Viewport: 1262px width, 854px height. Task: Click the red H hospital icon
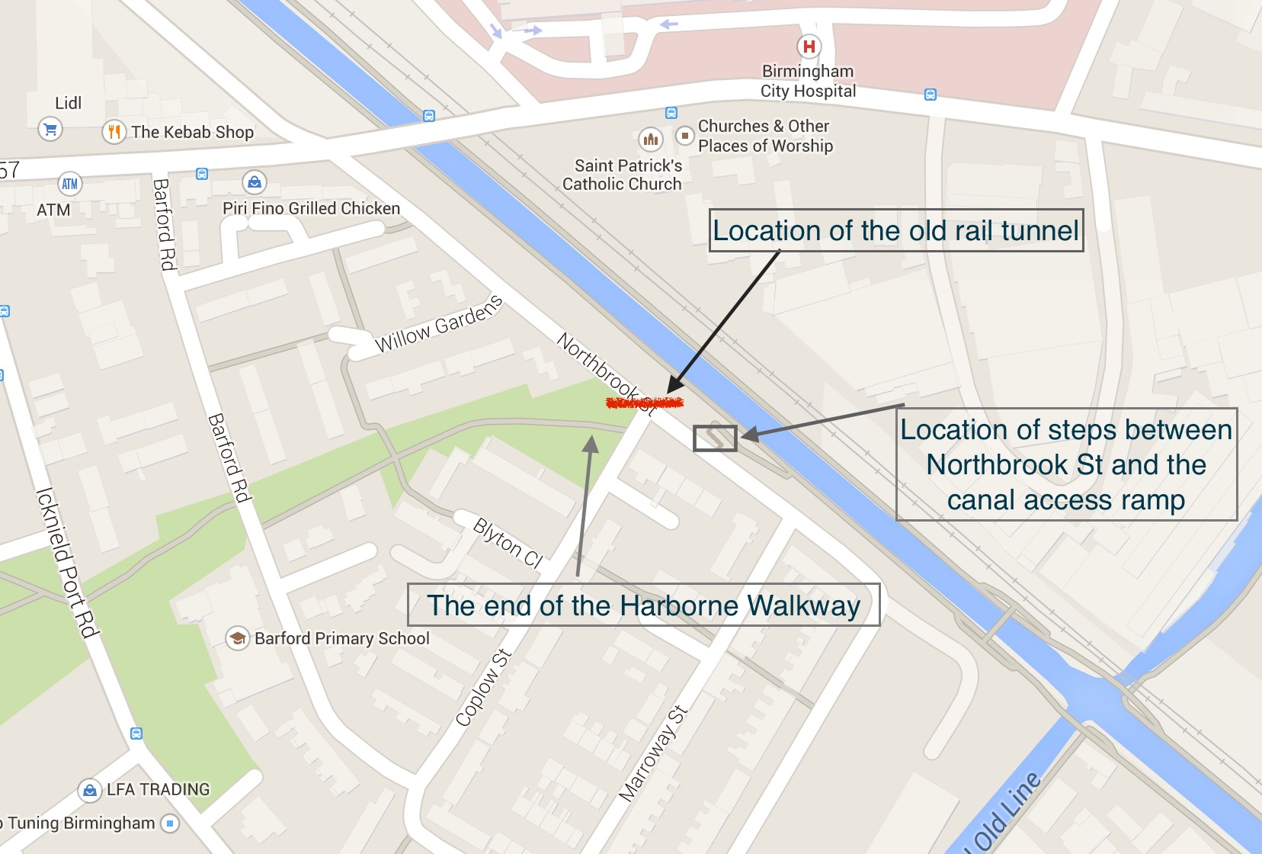coord(809,47)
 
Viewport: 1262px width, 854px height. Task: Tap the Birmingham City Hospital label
coord(808,82)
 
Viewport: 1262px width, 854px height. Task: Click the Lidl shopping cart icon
coord(50,129)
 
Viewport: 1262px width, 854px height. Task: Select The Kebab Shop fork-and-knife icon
coord(114,132)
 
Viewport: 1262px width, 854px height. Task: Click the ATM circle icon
coord(69,184)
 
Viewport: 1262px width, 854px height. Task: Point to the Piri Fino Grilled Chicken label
coord(311,208)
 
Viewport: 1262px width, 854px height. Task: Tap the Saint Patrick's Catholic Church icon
coord(650,139)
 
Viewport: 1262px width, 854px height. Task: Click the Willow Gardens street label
coord(439,324)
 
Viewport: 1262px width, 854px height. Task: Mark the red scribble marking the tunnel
coord(644,403)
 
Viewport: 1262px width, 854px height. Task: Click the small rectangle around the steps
coord(715,438)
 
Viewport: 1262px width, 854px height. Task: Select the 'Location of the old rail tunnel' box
coord(896,230)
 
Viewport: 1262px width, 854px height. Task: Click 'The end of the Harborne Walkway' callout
coord(643,605)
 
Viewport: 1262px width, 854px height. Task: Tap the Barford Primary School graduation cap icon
coord(238,637)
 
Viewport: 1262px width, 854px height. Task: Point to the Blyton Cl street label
coord(508,543)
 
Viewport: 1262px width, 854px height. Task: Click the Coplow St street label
coord(483,688)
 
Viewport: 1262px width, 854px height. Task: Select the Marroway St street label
coord(653,754)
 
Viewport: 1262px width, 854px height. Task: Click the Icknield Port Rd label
coord(67,562)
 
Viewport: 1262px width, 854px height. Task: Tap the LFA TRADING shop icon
coord(90,790)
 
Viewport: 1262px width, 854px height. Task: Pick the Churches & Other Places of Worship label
coord(765,136)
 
